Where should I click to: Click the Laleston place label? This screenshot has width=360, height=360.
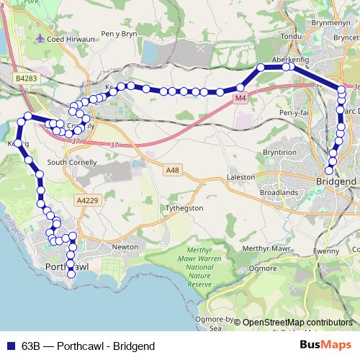[x=240, y=176]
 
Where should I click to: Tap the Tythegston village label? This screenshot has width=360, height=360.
[x=185, y=207]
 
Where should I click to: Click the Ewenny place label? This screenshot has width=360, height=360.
[x=325, y=252]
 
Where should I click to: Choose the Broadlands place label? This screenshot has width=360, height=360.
[x=279, y=193]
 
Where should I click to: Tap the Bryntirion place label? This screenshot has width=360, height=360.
[x=279, y=153]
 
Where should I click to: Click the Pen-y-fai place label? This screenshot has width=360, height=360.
[x=295, y=114]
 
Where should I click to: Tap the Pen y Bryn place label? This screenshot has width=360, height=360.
[x=119, y=34]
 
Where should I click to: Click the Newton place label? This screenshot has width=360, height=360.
[x=125, y=247]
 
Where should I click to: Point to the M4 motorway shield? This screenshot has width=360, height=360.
[x=240, y=96]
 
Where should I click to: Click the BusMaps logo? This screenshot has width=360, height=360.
[x=325, y=346]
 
